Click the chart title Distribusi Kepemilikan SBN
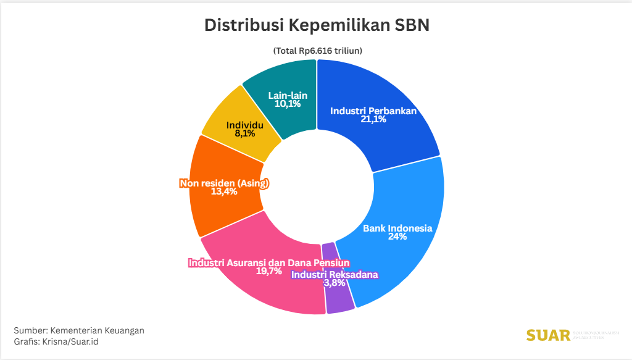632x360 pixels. tap(316, 25)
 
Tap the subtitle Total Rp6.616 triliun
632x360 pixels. tap(317, 51)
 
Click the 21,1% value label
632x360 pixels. tap(373, 120)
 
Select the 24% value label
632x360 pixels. tap(397, 237)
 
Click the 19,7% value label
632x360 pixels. tap(268, 271)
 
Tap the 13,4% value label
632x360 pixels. tap(224, 192)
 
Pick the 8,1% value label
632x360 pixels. tap(244, 133)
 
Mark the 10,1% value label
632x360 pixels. tap(288, 104)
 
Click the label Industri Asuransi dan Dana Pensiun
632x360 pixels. tap(268, 262)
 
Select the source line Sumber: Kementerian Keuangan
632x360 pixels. tap(79, 330)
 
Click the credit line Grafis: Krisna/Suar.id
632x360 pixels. tap(56, 341)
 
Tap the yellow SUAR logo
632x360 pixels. tap(548, 335)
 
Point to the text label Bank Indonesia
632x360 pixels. tap(397, 228)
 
